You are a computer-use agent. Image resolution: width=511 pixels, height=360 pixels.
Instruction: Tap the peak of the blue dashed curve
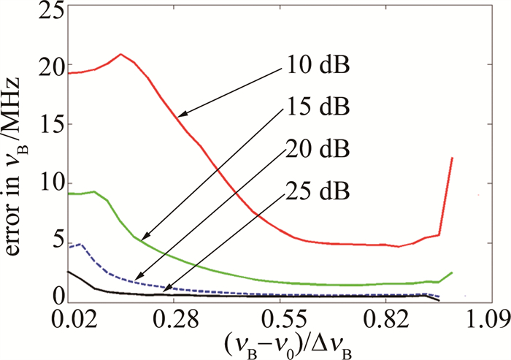pos(80,245)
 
